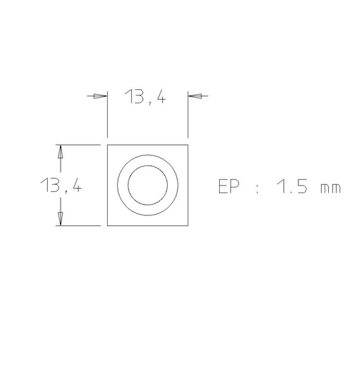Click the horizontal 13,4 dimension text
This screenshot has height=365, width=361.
pos(145,97)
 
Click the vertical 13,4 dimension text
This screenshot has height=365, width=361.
pos(61,185)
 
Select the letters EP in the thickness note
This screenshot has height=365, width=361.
pos(228,186)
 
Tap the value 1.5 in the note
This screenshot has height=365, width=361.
pos(292,186)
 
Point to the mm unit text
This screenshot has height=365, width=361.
pos(330,188)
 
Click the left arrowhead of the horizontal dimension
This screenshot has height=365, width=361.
pos(100,96)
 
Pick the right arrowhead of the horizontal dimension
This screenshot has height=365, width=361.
pos(195,96)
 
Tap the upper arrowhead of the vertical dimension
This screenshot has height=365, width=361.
pos(61,152)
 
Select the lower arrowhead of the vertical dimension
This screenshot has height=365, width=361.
pos(61,219)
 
